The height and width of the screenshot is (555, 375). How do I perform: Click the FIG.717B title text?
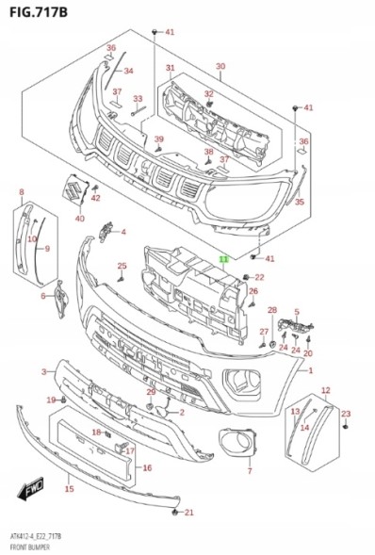point(39,11)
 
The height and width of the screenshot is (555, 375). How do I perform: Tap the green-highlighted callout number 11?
point(224,259)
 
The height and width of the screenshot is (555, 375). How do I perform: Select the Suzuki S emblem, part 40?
point(73,189)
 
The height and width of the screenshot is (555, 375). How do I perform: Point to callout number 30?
point(220,66)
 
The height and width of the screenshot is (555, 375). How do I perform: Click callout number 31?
point(171,67)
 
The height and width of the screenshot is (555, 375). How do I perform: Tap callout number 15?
point(70,489)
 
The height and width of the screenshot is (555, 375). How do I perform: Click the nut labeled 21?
point(174,512)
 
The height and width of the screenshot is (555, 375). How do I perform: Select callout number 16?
point(147,468)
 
